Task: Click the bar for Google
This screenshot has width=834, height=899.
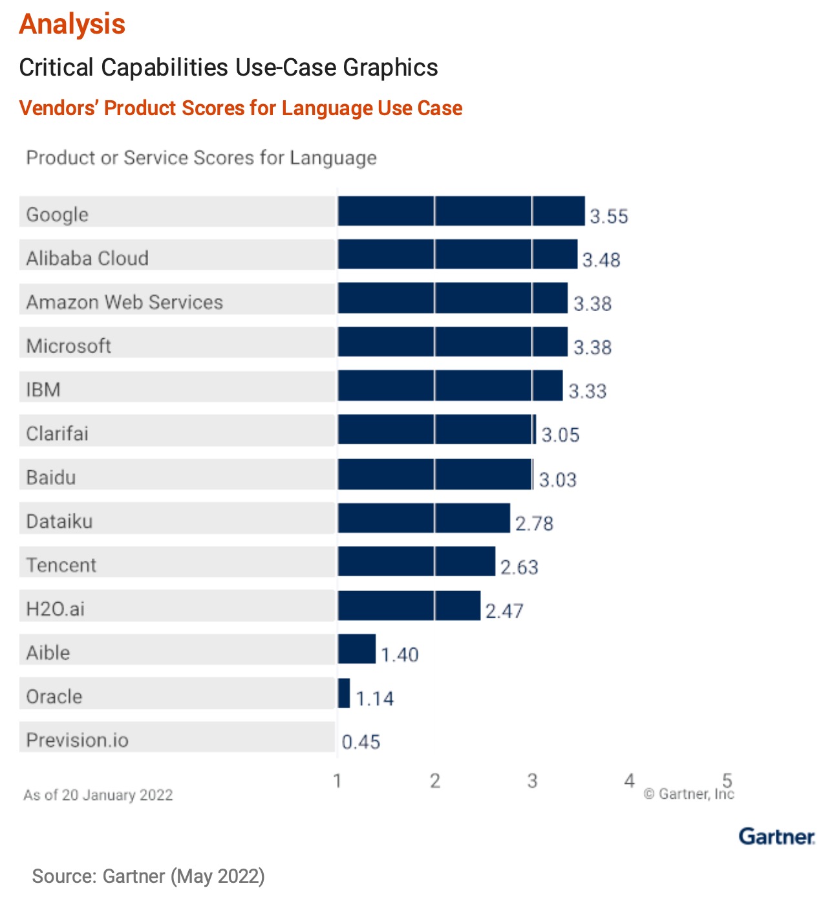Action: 461,211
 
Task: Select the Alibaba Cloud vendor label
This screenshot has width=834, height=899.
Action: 87,258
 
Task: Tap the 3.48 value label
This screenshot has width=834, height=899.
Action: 601,260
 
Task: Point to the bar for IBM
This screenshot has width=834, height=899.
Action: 450,386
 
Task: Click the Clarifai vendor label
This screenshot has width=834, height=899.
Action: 58,433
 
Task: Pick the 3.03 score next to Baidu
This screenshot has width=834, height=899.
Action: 558,480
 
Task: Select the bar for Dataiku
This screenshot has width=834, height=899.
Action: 423,518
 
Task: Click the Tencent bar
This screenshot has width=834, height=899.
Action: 416,561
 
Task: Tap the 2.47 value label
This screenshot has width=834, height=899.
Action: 504,611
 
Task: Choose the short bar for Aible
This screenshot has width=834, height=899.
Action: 356,649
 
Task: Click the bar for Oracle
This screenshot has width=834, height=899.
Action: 344,693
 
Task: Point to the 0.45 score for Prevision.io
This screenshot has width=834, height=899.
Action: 361,742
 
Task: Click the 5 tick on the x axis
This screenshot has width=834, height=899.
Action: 727,780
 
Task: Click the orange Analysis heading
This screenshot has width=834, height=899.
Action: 72,24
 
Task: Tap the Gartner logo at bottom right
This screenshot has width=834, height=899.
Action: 776,836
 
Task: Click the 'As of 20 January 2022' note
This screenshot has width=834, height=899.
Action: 98,795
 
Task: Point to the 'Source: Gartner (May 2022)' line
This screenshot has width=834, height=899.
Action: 149,876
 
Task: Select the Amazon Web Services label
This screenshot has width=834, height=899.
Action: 125,302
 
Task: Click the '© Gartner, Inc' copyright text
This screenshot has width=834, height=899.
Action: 689,794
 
